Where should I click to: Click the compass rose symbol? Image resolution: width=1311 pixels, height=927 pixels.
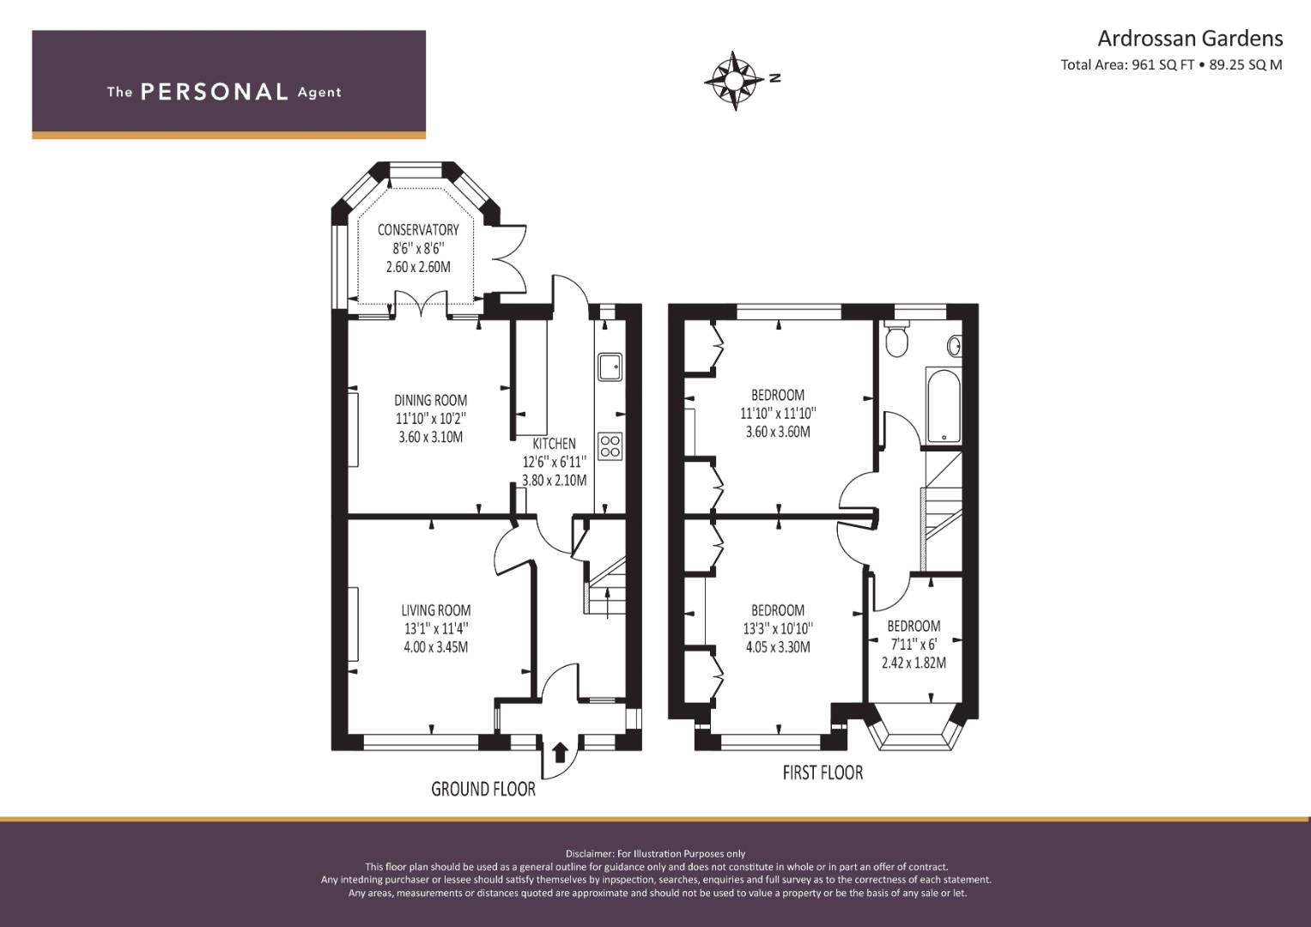[x=735, y=81]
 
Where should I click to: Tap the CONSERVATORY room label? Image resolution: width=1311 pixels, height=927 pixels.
[x=418, y=230]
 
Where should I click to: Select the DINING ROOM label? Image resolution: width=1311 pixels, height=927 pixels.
[x=430, y=400]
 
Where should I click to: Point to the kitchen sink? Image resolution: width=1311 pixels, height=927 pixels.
[x=610, y=367]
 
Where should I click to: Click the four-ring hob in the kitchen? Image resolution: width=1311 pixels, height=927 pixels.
[x=610, y=446]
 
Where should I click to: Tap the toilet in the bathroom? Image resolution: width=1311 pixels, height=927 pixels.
[x=895, y=338]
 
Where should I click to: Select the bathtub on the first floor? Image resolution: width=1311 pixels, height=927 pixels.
[x=943, y=405]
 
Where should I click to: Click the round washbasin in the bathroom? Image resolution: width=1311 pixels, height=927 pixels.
[x=955, y=346]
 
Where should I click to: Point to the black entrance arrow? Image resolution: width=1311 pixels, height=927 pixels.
[x=560, y=752]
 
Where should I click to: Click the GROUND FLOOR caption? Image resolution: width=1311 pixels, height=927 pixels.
[x=483, y=790]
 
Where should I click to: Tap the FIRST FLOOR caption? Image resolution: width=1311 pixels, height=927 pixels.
[x=822, y=772]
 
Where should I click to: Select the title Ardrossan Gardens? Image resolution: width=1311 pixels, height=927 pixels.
[x=1190, y=39]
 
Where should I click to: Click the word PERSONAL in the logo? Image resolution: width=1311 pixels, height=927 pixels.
[x=215, y=92]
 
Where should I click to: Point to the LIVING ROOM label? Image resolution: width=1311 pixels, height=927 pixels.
[x=435, y=610]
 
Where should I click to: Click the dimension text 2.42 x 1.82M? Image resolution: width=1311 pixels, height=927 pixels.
[x=913, y=663]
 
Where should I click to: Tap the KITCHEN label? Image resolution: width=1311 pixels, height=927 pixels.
[x=554, y=444]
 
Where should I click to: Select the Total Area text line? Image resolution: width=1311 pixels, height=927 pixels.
[x=1171, y=65]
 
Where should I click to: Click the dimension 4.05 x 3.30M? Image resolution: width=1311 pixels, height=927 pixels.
[x=778, y=646]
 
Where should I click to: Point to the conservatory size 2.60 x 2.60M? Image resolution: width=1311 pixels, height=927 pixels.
[x=418, y=267]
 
